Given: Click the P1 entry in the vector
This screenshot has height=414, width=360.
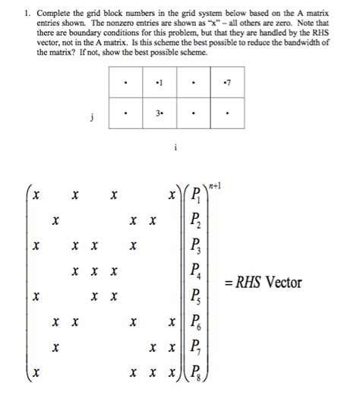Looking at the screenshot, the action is click(196, 197).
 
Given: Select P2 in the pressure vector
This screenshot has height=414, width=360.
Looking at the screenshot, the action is click(196, 221).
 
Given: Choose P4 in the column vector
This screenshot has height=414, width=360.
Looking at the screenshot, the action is click(196, 271).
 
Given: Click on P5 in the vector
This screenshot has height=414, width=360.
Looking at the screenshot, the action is click(196, 296).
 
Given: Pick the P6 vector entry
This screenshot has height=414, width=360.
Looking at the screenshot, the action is click(196, 322).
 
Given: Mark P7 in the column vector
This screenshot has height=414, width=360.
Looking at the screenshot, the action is click(196, 347).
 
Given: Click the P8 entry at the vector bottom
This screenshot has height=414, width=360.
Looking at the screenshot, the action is click(196, 372).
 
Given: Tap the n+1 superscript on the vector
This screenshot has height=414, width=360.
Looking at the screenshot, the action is click(219, 183).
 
